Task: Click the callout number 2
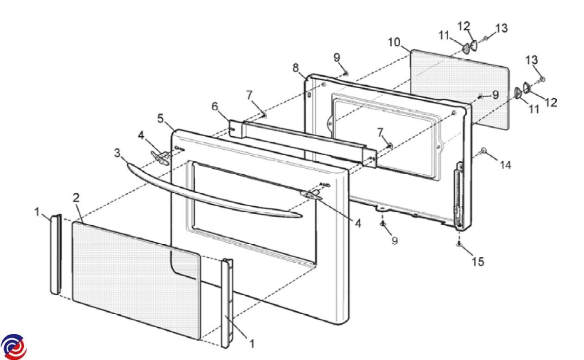[x=76, y=198]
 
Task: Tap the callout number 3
[x=118, y=153]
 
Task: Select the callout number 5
[x=161, y=119]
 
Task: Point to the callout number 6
[x=215, y=107]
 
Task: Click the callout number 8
[x=295, y=68]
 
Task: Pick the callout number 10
[x=394, y=42]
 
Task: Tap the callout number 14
[x=506, y=165]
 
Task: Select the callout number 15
[x=478, y=261]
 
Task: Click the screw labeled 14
[x=484, y=150]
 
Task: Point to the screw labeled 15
[x=459, y=244]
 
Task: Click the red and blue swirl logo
[x=14, y=347]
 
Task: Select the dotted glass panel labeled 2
[x=137, y=281]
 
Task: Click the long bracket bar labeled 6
[x=303, y=143]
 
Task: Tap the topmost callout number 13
[x=502, y=28]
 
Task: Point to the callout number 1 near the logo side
[x=37, y=212]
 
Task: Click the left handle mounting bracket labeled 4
[x=160, y=157]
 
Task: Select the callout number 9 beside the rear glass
[x=495, y=95]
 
